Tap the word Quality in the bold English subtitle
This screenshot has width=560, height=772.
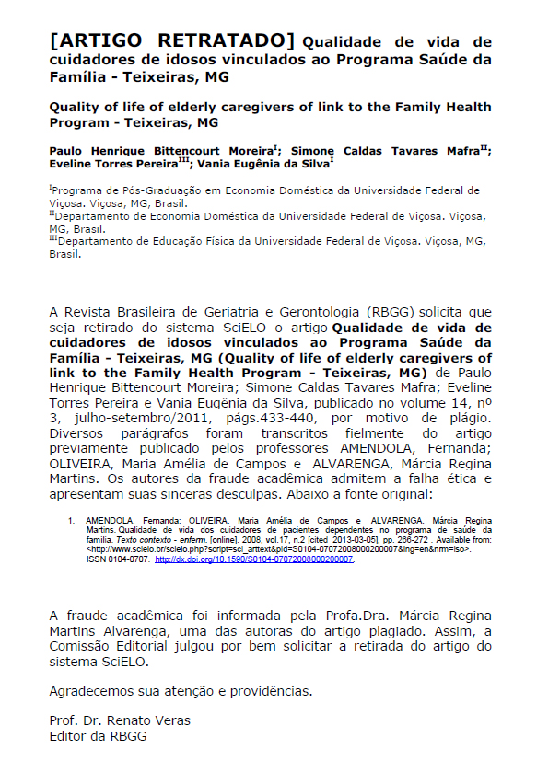77,107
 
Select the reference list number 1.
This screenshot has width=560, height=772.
71,520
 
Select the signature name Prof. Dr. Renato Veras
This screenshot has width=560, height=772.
120,720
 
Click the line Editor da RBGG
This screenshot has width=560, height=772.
98,736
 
